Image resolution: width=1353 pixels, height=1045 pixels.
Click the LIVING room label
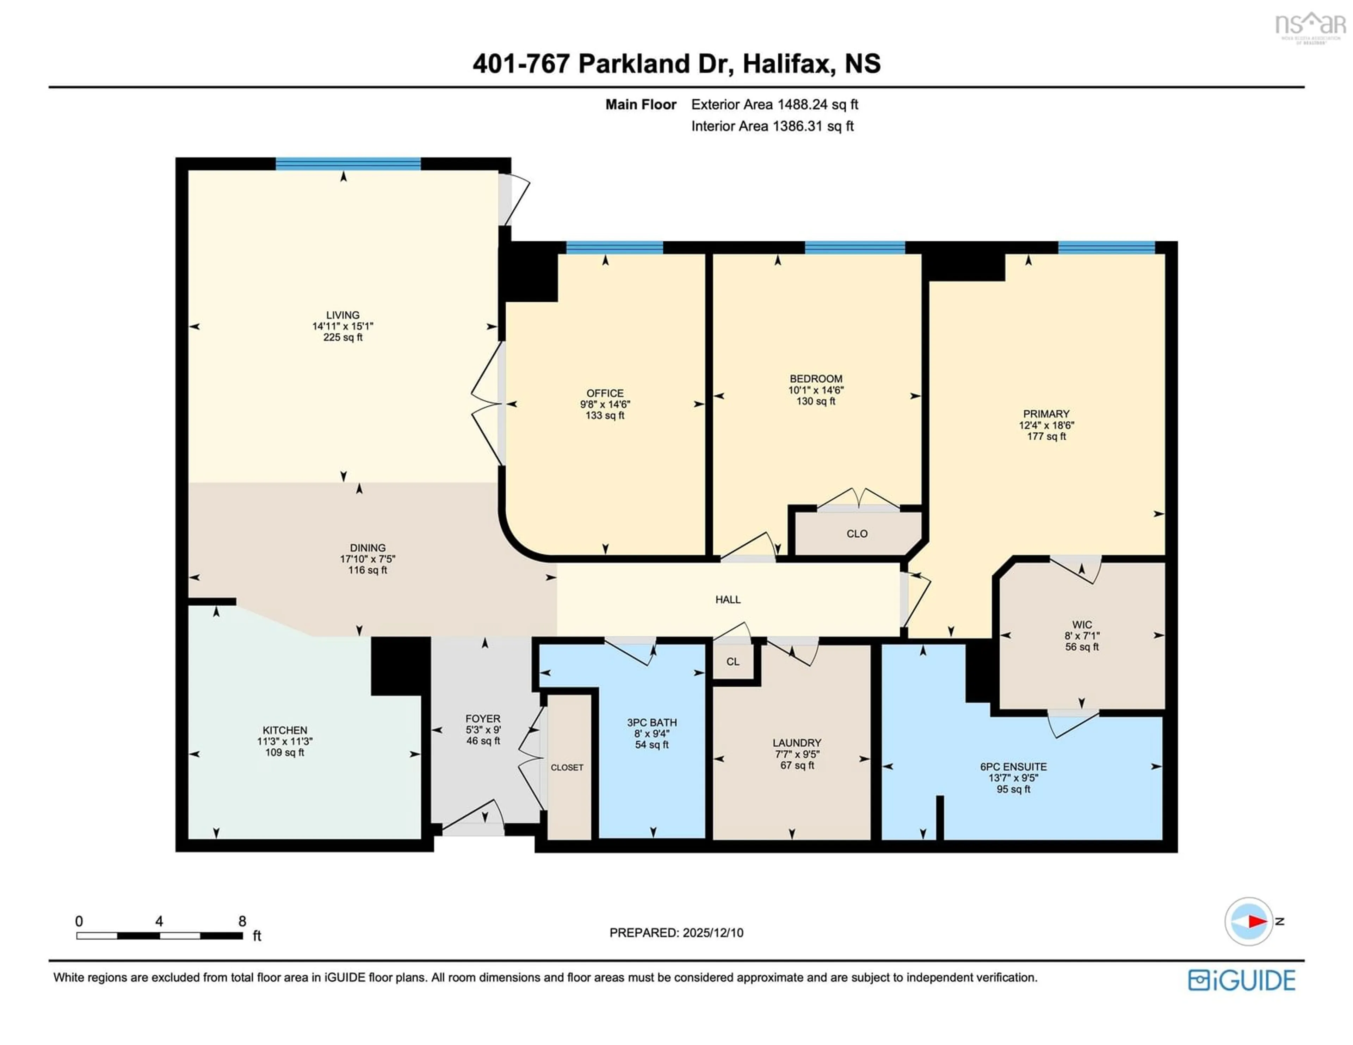(x=342, y=315)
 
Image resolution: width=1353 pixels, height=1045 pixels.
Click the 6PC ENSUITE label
(x=1013, y=766)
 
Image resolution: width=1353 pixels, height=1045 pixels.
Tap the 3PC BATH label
(x=652, y=722)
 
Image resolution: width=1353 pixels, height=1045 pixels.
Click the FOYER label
(x=483, y=718)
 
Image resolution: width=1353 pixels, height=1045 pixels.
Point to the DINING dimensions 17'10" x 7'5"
(x=367, y=559)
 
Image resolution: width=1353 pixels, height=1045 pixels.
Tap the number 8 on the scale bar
(x=242, y=921)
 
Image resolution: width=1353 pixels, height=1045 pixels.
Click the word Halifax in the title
(x=785, y=64)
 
